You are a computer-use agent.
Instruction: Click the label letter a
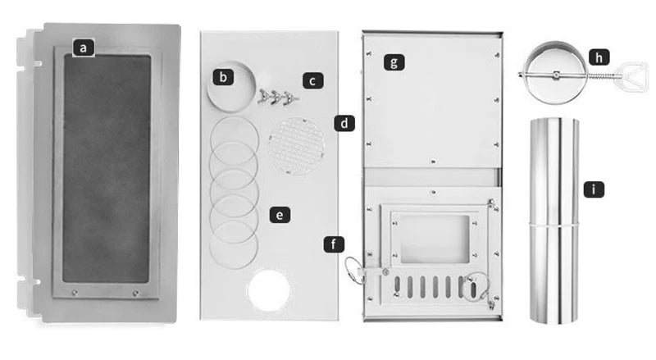coord(84,48)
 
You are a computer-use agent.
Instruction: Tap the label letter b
coord(223,77)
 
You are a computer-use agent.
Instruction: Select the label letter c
coord(312,80)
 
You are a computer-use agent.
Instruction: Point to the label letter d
coord(344,124)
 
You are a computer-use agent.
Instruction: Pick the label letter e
coord(280,215)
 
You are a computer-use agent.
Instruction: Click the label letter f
coord(334,244)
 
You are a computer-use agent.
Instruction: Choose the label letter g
coord(394,62)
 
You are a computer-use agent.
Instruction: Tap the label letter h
coord(599,57)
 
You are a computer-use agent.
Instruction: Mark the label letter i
coord(594,189)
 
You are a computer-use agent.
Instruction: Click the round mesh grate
coord(297,146)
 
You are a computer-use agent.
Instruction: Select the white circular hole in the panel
coord(269,290)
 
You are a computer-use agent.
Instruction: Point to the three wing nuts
coord(278,97)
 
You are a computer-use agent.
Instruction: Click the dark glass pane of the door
coord(107,168)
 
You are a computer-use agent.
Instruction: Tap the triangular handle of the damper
coord(631,75)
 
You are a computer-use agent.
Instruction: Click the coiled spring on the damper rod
coord(601,75)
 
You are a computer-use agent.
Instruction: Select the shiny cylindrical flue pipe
coord(554,221)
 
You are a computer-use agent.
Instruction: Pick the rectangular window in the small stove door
coord(435,239)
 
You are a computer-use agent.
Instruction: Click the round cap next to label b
coord(231,86)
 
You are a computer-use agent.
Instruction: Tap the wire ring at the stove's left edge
coord(354,271)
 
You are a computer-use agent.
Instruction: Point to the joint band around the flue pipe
coord(554,225)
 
